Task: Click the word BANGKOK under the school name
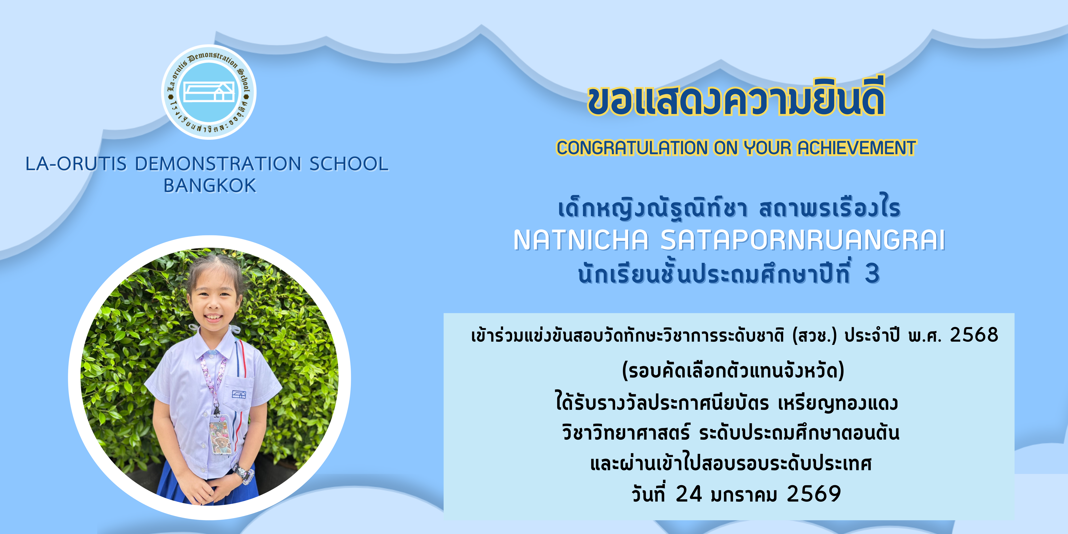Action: coord(210,186)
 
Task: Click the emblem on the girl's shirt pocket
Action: coord(239,394)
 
